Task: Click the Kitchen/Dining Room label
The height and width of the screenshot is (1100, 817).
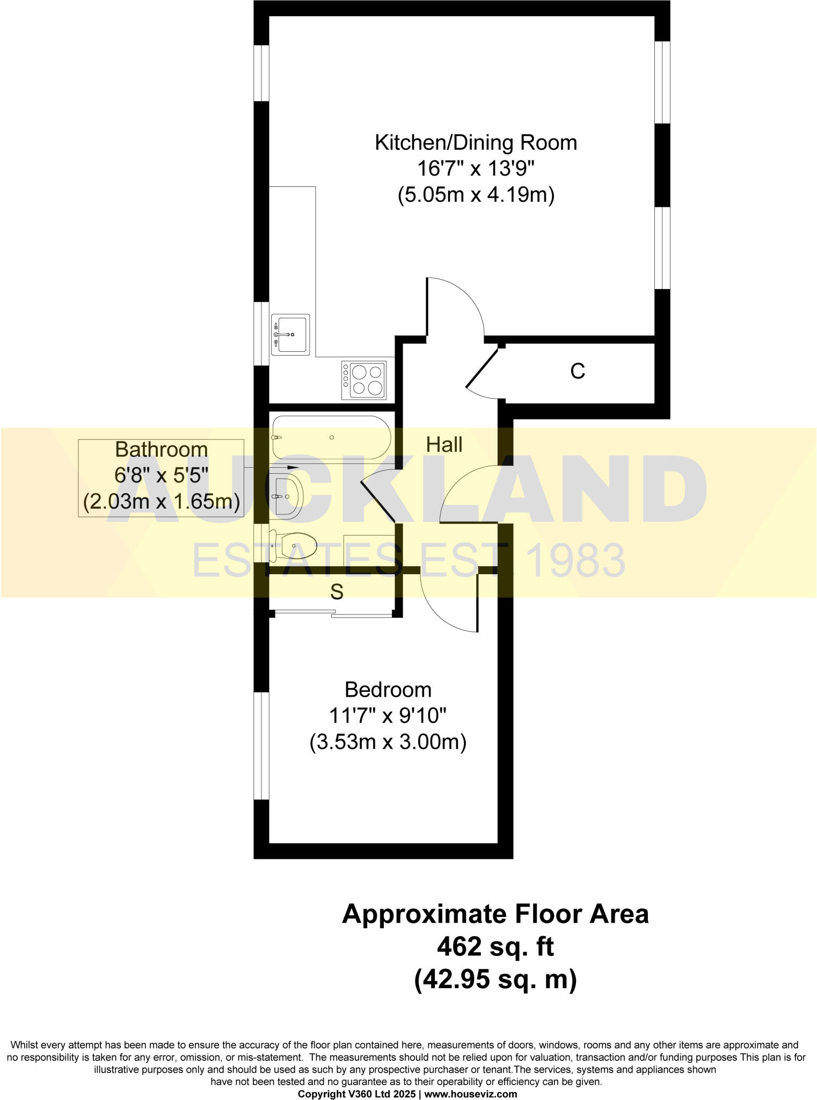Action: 476,143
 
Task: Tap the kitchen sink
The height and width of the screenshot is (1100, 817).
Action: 290,335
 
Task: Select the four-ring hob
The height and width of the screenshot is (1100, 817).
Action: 364,380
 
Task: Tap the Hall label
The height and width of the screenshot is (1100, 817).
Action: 444,445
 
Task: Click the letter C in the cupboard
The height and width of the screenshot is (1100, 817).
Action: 578,371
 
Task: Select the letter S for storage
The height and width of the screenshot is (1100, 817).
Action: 337,592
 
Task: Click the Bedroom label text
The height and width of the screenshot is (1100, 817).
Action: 388,690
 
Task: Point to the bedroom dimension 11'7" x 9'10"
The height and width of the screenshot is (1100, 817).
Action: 388,716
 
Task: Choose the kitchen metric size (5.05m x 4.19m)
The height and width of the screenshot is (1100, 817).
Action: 476,194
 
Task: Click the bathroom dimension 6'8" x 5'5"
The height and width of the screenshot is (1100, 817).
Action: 161,475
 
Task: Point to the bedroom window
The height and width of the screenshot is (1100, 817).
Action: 261,746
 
